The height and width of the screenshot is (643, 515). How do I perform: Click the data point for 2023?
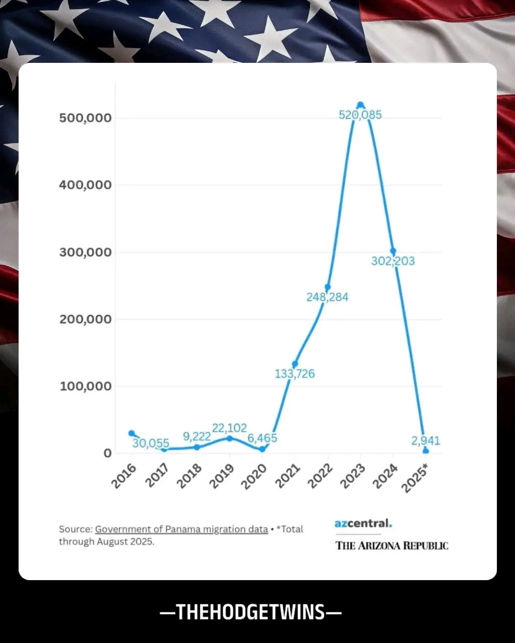point(360,105)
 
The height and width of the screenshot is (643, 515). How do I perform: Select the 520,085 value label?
point(360,115)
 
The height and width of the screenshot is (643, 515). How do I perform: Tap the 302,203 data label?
point(393,261)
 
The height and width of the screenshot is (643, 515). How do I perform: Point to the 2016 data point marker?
point(132,433)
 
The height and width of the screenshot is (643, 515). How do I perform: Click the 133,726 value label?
point(295,374)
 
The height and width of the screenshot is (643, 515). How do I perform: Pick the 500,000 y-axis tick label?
point(85,118)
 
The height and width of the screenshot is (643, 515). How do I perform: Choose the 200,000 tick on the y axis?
point(85,319)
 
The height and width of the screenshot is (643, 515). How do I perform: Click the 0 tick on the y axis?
point(107,453)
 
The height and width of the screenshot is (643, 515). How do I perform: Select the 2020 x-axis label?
point(254,476)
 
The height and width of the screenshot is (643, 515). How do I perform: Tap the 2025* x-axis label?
point(415,478)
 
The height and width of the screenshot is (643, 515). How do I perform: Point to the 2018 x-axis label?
point(189,476)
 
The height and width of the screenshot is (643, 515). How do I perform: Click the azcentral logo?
point(363,523)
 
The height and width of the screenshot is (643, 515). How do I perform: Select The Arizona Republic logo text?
point(391,546)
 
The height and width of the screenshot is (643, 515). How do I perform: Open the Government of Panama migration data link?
point(181,529)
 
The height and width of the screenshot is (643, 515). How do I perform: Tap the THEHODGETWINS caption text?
point(251,612)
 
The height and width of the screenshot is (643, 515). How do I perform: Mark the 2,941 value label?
point(426,441)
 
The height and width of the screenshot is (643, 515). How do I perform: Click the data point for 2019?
point(229,438)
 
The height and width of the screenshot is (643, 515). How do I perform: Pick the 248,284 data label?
point(328,297)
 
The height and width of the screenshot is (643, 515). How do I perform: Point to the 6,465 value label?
point(262,438)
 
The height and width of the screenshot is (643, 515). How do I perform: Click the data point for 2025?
point(426,451)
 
